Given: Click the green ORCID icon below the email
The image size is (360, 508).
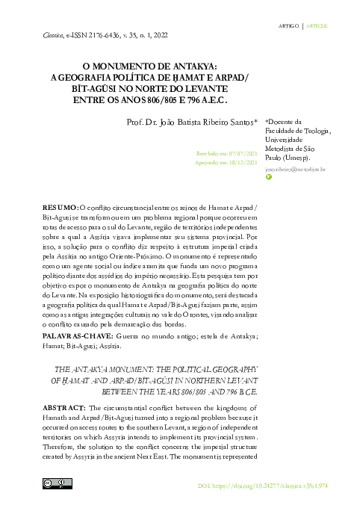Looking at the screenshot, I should [269, 178].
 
